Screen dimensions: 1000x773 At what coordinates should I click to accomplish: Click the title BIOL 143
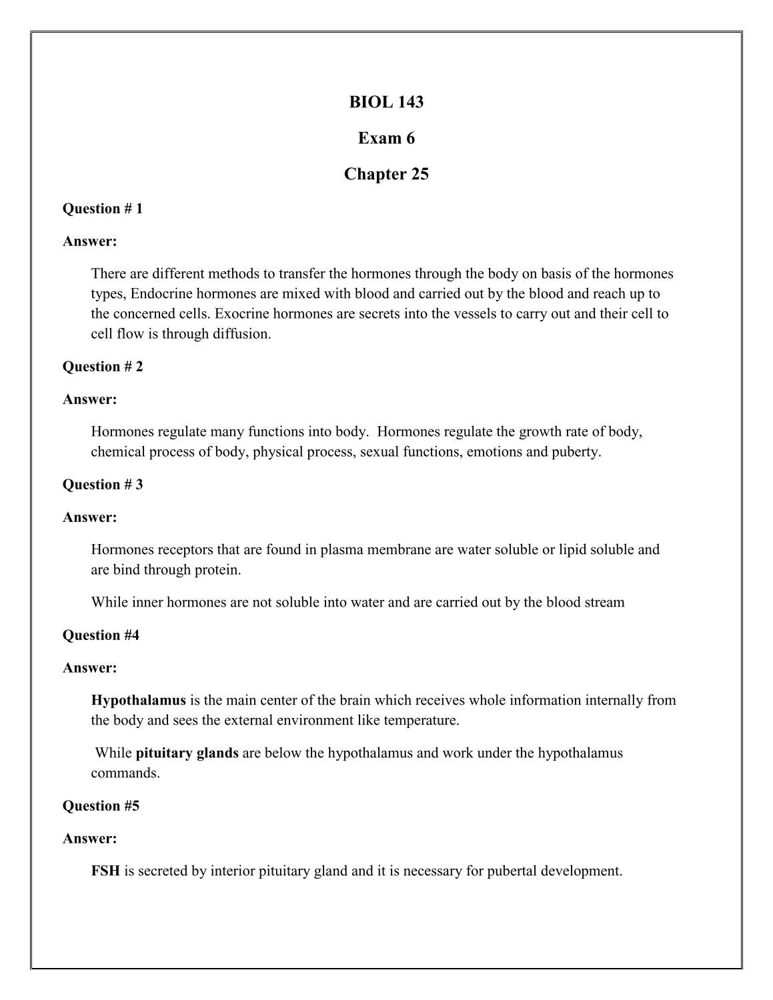tap(386, 102)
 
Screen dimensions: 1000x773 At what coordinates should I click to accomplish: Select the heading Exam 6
tap(386, 138)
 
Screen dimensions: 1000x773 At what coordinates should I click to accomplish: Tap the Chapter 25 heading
tap(386, 174)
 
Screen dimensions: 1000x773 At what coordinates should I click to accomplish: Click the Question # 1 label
tap(103, 209)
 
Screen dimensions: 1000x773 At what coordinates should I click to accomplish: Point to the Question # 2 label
tap(103, 367)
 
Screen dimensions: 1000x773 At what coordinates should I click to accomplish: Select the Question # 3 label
tap(103, 485)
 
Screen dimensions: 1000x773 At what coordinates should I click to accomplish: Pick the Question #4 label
tap(101, 635)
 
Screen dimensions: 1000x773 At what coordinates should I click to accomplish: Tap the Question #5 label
tap(101, 806)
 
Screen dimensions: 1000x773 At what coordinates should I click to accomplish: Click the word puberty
tap(576, 452)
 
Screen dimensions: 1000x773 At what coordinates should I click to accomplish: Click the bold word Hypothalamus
tap(139, 701)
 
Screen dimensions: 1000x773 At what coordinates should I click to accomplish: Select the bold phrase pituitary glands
tap(187, 753)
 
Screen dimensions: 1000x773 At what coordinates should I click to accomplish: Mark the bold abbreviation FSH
tap(105, 871)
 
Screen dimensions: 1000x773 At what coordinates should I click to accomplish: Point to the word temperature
tap(424, 721)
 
